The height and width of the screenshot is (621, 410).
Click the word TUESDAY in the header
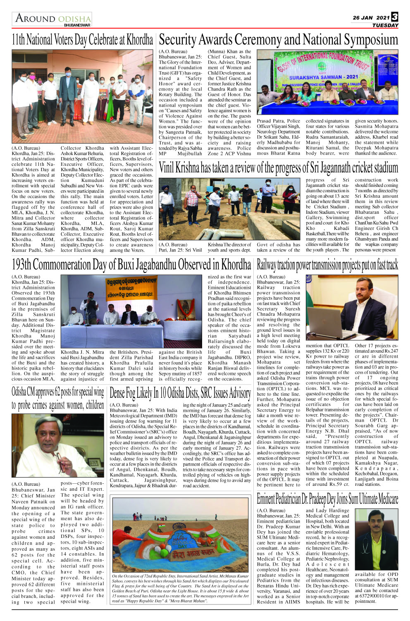tap(385, 25)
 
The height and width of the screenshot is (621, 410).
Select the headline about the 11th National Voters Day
tap(82, 40)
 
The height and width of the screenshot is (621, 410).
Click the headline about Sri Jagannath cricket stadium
tap(278, 168)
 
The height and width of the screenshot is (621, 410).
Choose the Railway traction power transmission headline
tap(327, 264)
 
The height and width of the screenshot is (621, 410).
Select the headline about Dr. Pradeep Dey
tap(327, 499)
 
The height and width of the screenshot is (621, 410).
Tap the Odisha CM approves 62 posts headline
tap(57, 399)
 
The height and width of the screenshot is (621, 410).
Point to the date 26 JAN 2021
tap(371, 18)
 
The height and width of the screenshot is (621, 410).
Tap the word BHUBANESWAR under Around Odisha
tap(77, 25)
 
